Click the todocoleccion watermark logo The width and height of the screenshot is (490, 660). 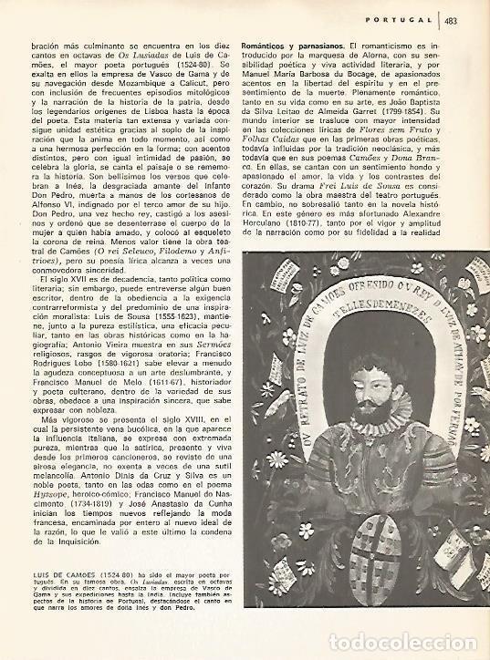point(420,643)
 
